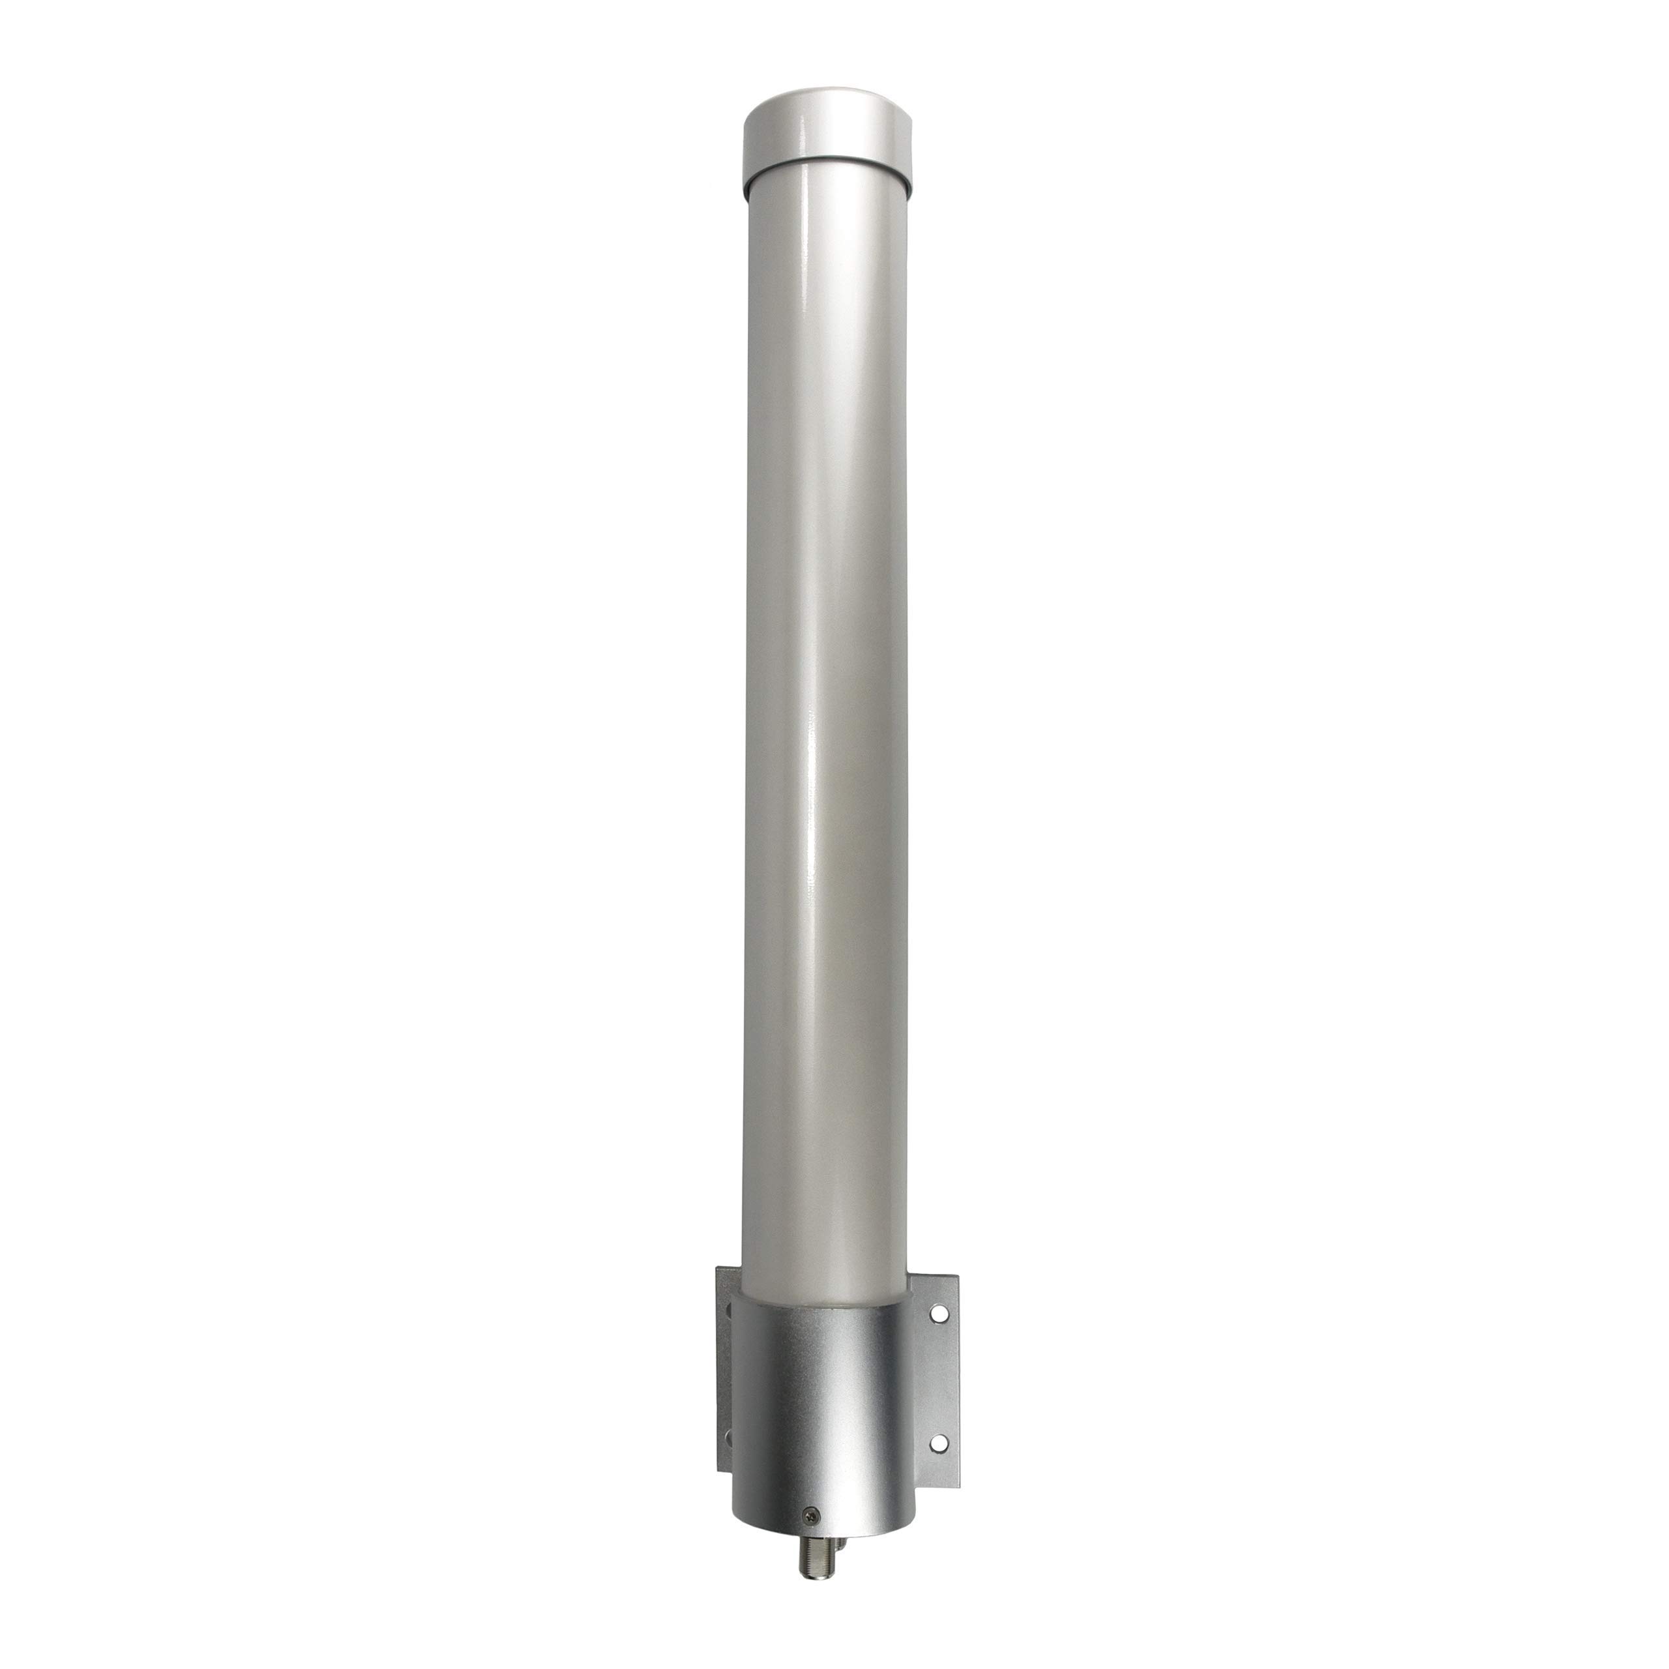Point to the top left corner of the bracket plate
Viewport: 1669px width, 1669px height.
[x=718, y=1268]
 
